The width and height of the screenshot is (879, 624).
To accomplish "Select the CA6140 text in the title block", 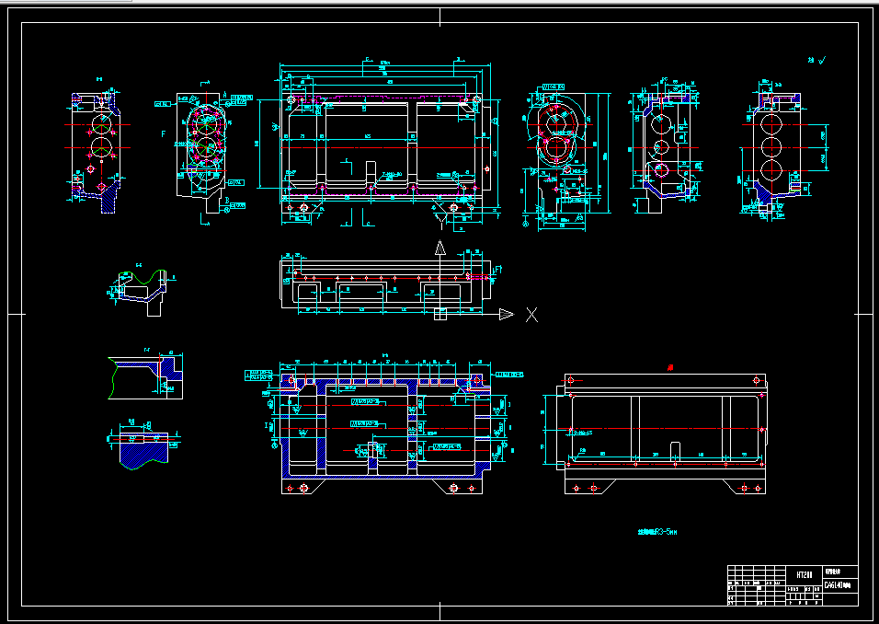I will (837, 584).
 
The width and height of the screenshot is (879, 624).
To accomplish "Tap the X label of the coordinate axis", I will (531, 315).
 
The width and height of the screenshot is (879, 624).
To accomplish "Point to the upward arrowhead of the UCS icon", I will (439, 248).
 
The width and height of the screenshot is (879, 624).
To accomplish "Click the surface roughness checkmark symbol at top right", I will (822, 60).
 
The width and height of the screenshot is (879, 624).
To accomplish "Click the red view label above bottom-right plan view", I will (669, 367).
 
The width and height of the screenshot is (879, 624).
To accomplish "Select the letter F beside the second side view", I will (164, 135).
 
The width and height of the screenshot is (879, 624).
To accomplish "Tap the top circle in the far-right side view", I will (771, 124).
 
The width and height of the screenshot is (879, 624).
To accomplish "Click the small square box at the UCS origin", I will (439, 315).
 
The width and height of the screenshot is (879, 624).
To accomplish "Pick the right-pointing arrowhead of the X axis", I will (506, 315).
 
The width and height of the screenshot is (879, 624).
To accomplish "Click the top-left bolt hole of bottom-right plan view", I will (572, 379).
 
